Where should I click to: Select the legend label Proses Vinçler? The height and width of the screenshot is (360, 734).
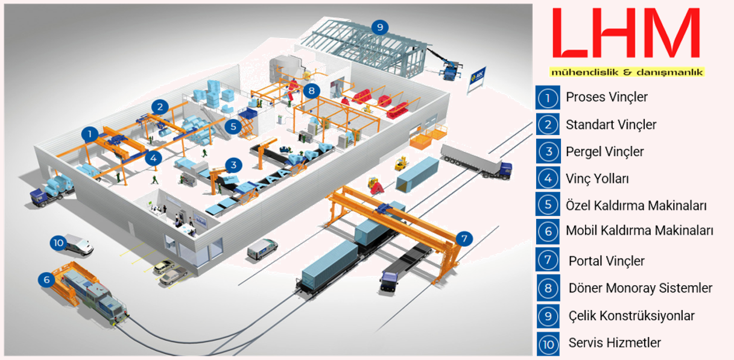click(x=606, y=97)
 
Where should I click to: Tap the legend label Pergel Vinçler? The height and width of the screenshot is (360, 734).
click(x=604, y=152)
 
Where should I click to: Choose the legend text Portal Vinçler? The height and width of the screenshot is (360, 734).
click(x=606, y=261)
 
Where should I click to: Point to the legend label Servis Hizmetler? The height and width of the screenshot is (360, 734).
click(x=615, y=343)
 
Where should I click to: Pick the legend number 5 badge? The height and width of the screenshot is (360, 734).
click(x=548, y=204)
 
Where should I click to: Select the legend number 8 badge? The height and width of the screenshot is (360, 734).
click(x=548, y=288)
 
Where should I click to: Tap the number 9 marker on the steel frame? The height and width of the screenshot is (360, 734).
click(x=379, y=27)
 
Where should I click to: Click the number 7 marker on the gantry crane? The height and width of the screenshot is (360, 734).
click(x=463, y=238)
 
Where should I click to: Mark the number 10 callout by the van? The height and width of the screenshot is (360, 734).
click(x=59, y=243)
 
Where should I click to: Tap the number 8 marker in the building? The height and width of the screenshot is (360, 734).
click(x=311, y=91)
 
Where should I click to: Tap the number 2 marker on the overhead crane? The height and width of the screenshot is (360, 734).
click(x=159, y=107)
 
